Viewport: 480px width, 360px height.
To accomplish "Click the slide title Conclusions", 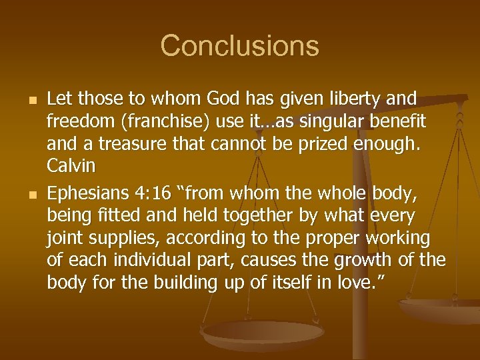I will coord(239,46).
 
